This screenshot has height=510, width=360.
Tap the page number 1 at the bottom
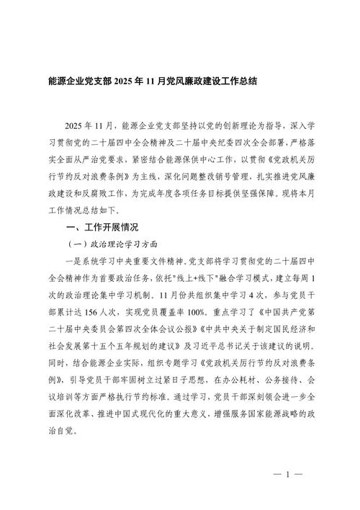click(x=287, y=475)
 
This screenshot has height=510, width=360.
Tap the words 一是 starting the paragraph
click(x=69, y=259)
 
